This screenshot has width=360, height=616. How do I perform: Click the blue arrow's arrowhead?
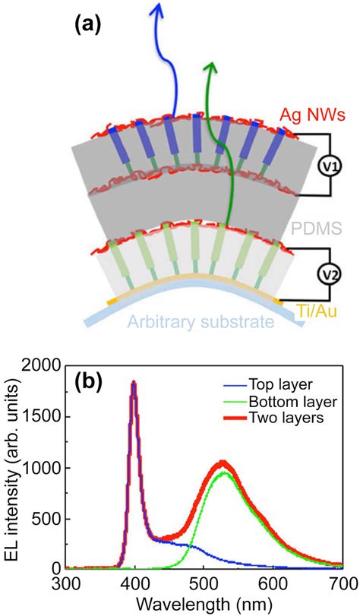coord(159,9)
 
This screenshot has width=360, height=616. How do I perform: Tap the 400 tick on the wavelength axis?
coord(135,583)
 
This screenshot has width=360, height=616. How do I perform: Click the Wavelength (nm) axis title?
coord(204,605)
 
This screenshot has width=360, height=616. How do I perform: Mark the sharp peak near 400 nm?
coord(134,384)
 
